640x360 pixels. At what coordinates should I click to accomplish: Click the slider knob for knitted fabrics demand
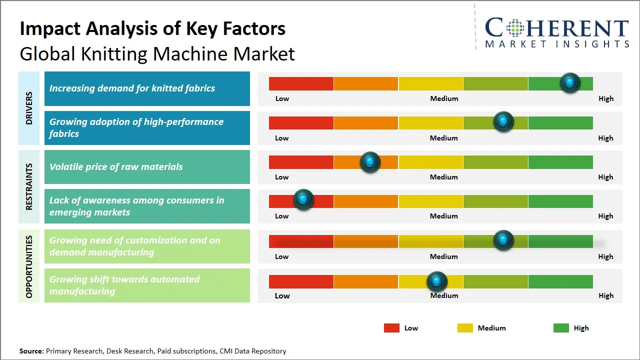(x=570, y=83)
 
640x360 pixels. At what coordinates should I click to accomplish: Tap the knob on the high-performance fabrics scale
(x=503, y=121)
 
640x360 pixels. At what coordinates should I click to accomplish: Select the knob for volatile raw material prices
(x=370, y=162)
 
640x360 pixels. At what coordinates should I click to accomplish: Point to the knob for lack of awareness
(x=303, y=199)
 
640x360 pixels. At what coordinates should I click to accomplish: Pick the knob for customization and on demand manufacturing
(x=503, y=240)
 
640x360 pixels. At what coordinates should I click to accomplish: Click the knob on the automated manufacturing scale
(x=437, y=281)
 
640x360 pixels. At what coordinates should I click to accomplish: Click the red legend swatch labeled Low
(x=391, y=328)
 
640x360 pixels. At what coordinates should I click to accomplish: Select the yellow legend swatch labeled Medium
(x=465, y=328)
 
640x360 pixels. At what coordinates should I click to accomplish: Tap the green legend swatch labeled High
(x=561, y=328)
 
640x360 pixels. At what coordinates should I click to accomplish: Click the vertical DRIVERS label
(x=29, y=108)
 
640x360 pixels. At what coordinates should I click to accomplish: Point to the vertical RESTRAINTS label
(x=29, y=186)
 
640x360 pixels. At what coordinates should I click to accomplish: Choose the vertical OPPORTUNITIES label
(x=29, y=266)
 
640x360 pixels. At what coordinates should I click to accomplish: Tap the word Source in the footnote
(x=31, y=351)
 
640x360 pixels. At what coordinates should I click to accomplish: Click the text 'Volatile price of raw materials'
(x=116, y=167)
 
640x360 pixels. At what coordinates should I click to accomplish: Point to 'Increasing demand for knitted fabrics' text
(x=132, y=88)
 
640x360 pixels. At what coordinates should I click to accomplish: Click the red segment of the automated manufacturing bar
(x=301, y=281)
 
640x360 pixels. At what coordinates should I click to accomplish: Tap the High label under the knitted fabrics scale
(x=605, y=98)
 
